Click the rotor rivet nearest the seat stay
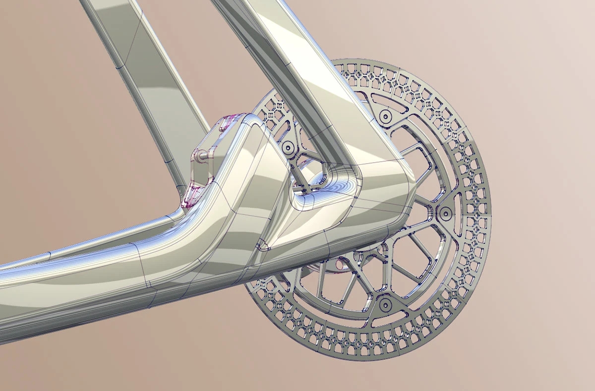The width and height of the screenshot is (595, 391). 385,115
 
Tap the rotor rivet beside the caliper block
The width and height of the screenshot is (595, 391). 287,147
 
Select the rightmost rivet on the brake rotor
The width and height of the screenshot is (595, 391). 445,213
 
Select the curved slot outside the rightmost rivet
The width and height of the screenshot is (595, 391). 459,213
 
